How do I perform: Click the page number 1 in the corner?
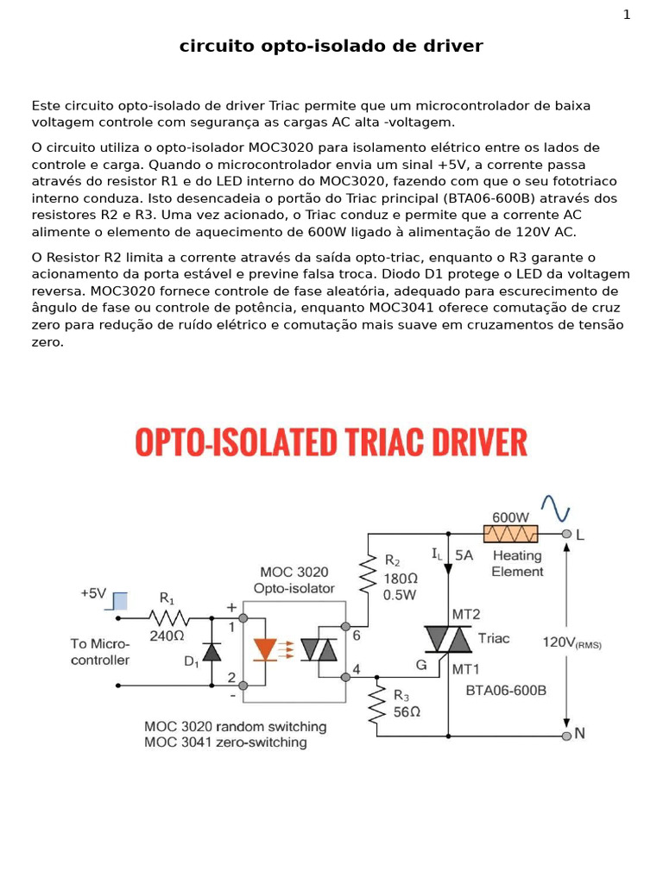627,15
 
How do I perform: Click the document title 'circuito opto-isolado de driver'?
331,47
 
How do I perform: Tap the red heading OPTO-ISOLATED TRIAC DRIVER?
331,442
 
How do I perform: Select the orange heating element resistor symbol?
510,534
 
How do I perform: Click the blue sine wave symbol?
555,508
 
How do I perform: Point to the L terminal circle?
566,534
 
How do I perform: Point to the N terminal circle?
566,736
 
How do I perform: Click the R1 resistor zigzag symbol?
169,618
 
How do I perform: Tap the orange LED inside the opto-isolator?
265,649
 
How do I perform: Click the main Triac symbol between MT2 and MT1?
448,640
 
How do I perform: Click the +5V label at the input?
93,593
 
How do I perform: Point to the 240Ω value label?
167,636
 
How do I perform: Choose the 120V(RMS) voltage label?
571,642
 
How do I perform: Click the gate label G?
421,665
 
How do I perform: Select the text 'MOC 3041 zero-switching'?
225,742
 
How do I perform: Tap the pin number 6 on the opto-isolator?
356,634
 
